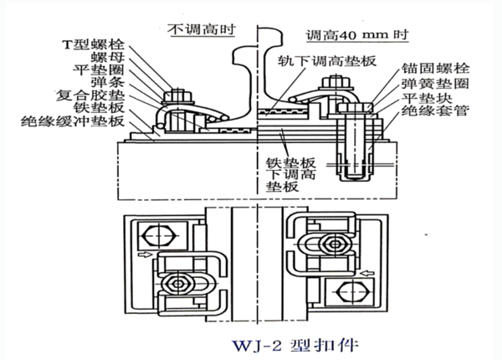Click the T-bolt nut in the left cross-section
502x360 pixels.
[x=178, y=96]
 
